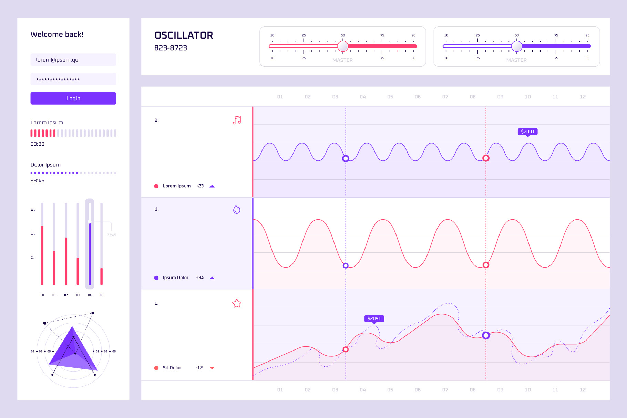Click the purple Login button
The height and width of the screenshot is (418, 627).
73,98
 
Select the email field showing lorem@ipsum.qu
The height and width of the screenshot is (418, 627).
73,60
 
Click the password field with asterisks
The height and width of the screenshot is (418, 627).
73,79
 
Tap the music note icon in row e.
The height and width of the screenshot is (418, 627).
237,120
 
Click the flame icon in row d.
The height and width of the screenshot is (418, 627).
237,209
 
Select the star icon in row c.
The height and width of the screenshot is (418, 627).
237,303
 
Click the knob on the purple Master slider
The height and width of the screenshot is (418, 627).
516,46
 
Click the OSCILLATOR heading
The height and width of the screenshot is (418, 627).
184,35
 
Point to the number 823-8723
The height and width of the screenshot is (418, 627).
171,48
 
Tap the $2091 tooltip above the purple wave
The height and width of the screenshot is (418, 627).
527,132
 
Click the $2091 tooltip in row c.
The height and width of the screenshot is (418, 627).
374,318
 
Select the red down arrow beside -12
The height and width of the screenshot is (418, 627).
212,368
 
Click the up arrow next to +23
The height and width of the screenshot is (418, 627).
212,186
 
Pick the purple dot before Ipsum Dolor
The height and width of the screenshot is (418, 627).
156,278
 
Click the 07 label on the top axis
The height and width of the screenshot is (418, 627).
445,97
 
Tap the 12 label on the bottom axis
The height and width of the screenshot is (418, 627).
583,390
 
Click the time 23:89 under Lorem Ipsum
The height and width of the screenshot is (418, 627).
37,144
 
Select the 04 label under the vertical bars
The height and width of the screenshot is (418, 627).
90,295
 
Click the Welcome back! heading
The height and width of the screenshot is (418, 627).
57,34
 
